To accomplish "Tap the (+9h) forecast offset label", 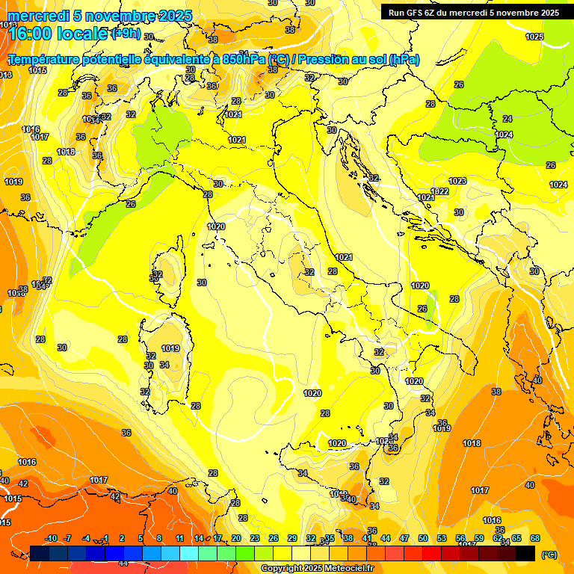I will point(126,34).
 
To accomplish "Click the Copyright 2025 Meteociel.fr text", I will point(317,569).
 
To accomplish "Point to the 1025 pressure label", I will point(534,36).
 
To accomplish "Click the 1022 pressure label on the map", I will point(440,191).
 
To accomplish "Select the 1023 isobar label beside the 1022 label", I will point(457,182).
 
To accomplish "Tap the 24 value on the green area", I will point(507,119).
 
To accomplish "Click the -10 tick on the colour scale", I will point(52,539).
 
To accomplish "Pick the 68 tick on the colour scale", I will point(535,539).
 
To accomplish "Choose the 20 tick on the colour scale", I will point(236,539).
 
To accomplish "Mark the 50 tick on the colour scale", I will point(423,539).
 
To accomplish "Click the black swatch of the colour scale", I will point(525,553).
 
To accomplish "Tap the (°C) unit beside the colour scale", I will point(549,555).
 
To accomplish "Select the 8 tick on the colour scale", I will point(159,539).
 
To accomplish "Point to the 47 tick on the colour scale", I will point(404,539).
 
